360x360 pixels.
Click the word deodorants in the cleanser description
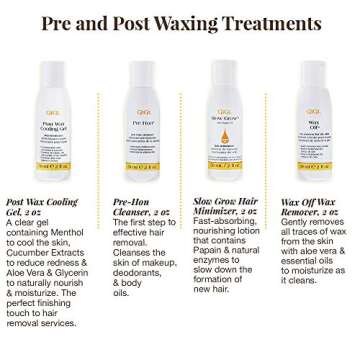[x=138, y=273]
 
